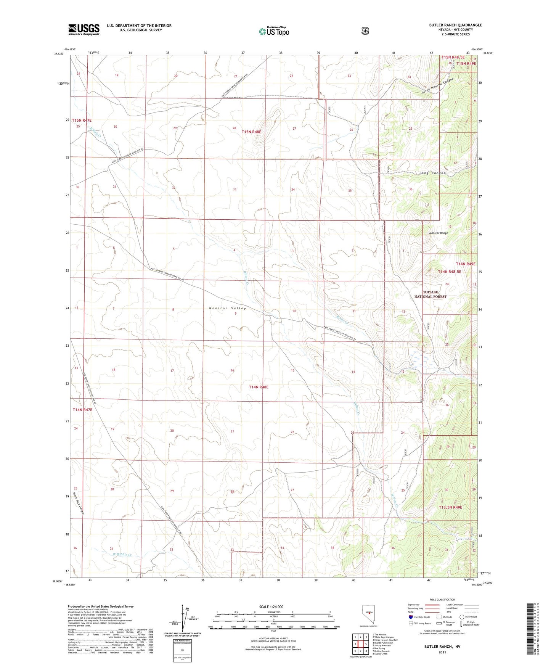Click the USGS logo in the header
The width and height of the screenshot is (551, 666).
84,29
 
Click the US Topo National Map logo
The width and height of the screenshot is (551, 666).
274,31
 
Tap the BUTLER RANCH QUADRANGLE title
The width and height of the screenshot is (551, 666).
455,25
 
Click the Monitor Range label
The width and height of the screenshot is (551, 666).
439,233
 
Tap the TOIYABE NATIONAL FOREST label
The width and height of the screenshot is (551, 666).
430,294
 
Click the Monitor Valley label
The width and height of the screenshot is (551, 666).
227,308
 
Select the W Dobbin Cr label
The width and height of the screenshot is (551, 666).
122,555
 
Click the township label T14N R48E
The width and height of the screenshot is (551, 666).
259,387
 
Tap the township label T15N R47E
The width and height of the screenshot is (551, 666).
82,120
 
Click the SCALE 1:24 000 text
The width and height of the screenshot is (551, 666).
271,606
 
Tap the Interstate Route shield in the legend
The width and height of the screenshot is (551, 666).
410,617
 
